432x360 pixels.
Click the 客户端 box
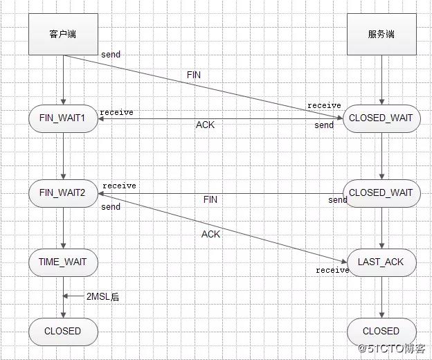(62, 34)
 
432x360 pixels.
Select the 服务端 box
(381, 34)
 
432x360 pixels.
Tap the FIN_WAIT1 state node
(62, 118)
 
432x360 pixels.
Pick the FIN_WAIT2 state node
(62, 193)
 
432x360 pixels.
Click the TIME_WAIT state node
(62, 262)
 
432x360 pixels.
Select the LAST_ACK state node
(381, 262)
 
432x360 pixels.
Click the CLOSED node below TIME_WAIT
(62, 331)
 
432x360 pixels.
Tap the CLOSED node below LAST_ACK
(381, 331)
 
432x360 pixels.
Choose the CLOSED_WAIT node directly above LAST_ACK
(381, 193)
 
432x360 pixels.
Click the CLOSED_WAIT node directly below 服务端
(381, 118)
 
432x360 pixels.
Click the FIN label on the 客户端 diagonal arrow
(195, 74)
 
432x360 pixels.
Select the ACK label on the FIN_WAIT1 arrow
(205, 125)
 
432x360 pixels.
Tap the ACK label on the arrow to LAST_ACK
(210, 234)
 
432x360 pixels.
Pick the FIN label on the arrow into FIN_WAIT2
(210, 199)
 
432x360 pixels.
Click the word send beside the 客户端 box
(110, 54)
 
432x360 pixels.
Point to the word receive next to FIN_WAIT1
(116, 112)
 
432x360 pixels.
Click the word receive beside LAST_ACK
(332, 270)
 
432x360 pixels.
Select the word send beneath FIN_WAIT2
(110, 207)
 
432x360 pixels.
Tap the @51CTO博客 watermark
(392, 348)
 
